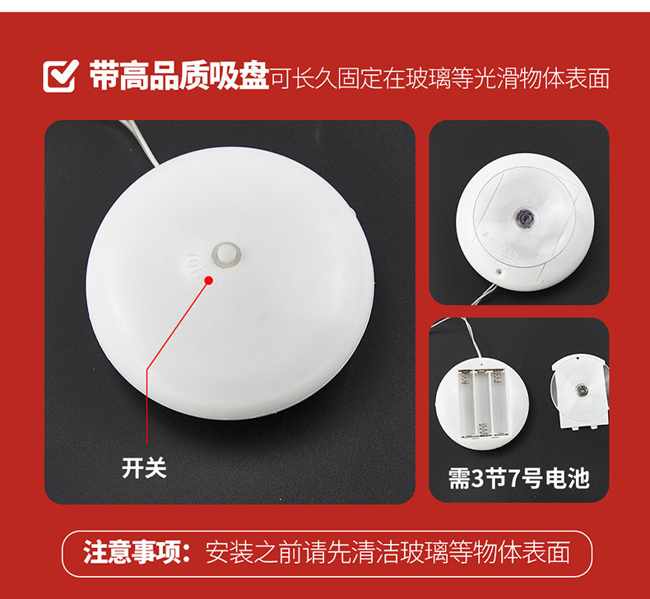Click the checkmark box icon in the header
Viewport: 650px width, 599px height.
pyautogui.click(x=60, y=77)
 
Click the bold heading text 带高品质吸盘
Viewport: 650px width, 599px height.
pyautogui.click(x=179, y=77)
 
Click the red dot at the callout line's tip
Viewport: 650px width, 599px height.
pyautogui.click(x=209, y=280)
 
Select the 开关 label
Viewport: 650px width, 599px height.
pyautogui.click(x=144, y=468)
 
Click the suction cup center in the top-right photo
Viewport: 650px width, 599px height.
pyautogui.click(x=522, y=216)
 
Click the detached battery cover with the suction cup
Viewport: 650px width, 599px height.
pyautogui.click(x=581, y=392)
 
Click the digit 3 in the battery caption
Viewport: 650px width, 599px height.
pyautogui.click(x=480, y=477)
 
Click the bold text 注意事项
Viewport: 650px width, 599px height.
pyautogui.click(x=132, y=550)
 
